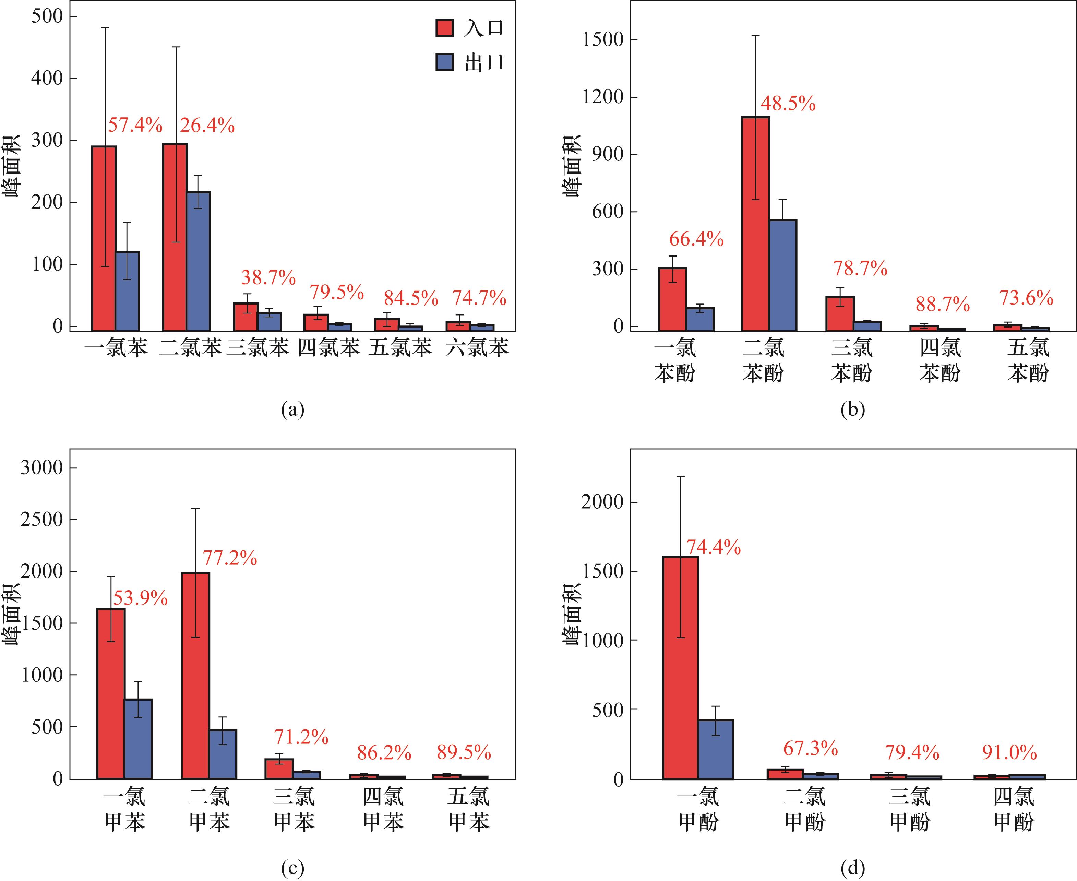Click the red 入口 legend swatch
[x=444, y=28]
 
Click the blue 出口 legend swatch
[x=444, y=62]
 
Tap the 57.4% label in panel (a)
[x=135, y=125]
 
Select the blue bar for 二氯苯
[x=198, y=261]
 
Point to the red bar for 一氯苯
[x=104, y=239]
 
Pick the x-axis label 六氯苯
[x=477, y=348]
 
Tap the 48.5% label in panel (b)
[x=788, y=104]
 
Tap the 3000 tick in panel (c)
[x=41, y=467]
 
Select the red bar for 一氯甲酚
[x=680, y=667]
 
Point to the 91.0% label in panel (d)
[x=1009, y=752]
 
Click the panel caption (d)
[x=852, y=868]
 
